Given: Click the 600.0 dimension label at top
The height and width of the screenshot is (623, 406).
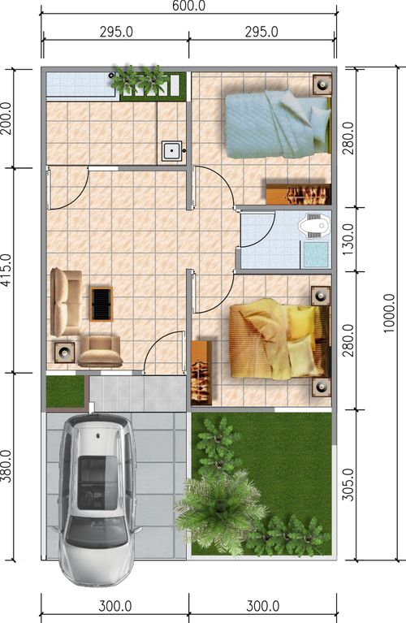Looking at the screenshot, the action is (188, 6).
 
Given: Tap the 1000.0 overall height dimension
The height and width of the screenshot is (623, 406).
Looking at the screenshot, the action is (390, 313).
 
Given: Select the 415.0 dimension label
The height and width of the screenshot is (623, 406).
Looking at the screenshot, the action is (6, 270).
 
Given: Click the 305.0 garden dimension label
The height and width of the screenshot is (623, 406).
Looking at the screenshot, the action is (348, 484).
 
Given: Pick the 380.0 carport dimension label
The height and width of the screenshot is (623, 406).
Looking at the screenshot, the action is (6, 466).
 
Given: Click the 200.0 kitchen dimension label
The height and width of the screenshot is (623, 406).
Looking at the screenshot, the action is (6, 119).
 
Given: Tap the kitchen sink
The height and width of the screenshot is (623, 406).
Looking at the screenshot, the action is (172, 151).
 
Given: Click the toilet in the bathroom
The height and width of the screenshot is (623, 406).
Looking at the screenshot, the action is (314, 227).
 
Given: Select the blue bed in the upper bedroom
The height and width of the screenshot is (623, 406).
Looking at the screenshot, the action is (278, 124).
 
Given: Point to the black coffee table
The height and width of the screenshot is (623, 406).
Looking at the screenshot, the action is (101, 304).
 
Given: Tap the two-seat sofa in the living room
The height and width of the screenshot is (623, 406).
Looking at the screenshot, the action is (66, 302).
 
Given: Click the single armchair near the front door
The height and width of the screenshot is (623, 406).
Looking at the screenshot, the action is (100, 351).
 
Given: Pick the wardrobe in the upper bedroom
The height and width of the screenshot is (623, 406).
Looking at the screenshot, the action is (298, 194).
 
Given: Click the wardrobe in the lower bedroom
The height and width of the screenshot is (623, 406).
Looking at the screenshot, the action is (201, 373).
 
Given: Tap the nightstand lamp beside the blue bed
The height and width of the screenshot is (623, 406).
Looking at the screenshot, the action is (322, 84).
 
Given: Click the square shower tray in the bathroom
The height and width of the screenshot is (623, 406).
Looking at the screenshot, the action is (316, 255).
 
